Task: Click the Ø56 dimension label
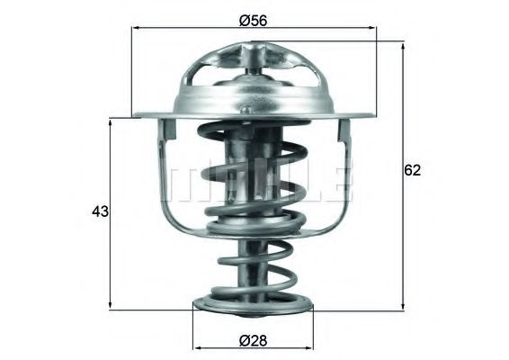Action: coord(253,21)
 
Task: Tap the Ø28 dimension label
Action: coord(253,340)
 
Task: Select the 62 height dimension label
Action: coord(412,170)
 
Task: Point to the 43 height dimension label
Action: coord(100,211)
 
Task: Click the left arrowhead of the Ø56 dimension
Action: coord(137,28)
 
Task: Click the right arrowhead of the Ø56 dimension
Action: coord(372,28)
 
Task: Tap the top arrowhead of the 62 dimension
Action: coord(403,46)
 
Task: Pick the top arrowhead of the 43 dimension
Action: coord(111,122)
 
